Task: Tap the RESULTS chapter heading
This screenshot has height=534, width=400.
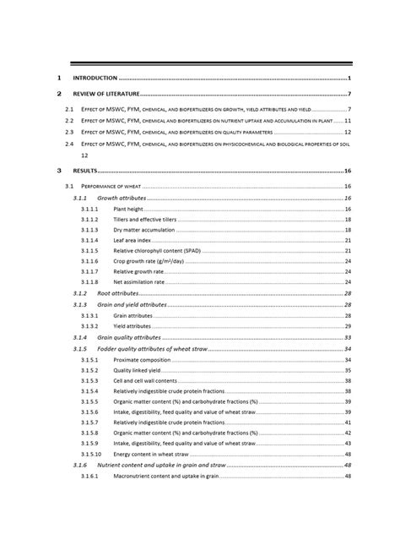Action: pyautogui.click(x=85, y=170)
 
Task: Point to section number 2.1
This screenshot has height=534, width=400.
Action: pyautogui.click(x=70, y=110)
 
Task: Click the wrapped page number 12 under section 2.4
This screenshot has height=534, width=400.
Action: pyautogui.click(x=84, y=155)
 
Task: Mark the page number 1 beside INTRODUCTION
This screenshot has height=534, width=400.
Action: pyautogui.click(x=349, y=78)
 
